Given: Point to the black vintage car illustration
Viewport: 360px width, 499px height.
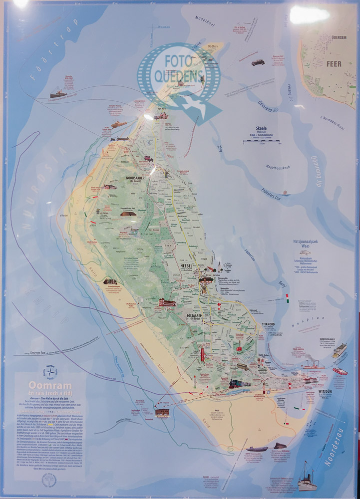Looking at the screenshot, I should (258, 62).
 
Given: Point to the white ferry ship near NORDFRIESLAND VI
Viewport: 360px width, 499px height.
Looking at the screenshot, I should (340, 349).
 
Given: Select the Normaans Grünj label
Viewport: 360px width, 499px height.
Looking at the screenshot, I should (336, 121).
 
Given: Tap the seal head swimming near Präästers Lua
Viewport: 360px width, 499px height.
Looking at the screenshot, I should (285, 193).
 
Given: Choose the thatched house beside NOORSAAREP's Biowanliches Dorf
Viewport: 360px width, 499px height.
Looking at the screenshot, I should (128, 213).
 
